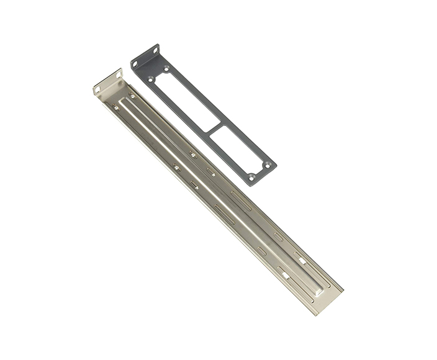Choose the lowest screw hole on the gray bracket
tap(251, 178)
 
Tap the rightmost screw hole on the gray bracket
tap(268, 164)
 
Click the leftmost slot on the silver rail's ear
tap(97, 89)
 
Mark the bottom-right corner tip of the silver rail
tap(341, 289)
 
